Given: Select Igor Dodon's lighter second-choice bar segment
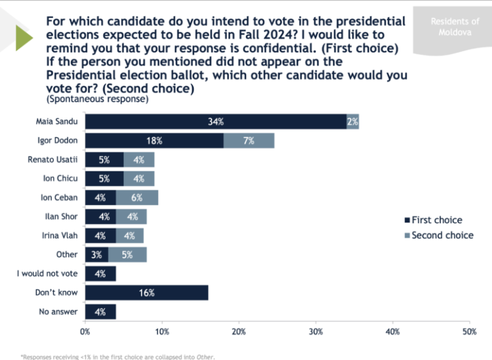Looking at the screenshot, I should tap(249, 141).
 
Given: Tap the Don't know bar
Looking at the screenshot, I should tap(147, 292).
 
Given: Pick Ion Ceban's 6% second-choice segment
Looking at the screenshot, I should tap(137, 197).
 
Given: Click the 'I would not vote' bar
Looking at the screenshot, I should tap(100, 273).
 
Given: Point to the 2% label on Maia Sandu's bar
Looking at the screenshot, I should tap(352, 122).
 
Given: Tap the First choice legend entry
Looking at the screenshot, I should tap(433, 220).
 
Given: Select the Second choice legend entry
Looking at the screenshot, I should tap(439, 235).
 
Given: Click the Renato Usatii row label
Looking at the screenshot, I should tap(52, 159).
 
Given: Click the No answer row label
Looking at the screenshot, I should tap(59, 312).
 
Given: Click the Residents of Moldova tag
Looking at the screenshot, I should tap(454, 27).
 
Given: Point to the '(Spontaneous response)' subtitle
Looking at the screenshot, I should tap(98, 99).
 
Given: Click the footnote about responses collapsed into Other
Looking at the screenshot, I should tap(118, 356).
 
